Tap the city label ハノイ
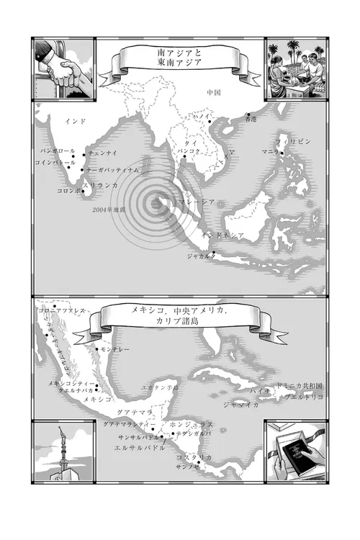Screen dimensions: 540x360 (x=202, y=117)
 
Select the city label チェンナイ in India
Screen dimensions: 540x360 (x=102, y=153)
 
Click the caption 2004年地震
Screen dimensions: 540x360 (x=109, y=210)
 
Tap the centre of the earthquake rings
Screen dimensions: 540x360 (x=153, y=203)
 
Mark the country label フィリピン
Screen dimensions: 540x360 (x=294, y=142)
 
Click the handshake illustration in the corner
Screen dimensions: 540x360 (x=63, y=71)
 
